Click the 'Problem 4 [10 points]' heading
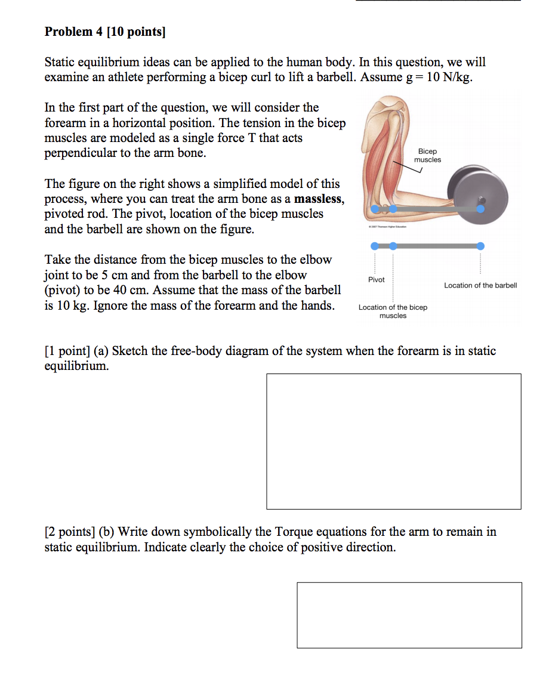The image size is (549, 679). point(105,32)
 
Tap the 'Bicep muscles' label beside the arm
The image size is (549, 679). point(427,155)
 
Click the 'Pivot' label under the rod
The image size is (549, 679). point(376,279)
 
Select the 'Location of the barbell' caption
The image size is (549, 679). point(480,285)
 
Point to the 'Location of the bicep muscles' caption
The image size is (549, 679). point(393,311)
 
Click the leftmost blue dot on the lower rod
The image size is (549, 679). point(374,246)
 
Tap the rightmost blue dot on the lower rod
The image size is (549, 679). point(480,246)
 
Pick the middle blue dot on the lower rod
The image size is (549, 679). point(393,246)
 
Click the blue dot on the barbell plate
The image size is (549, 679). point(480,209)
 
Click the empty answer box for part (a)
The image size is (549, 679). point(393,441)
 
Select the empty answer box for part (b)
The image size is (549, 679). point(409,615)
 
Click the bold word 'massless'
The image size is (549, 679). point(319,199)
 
